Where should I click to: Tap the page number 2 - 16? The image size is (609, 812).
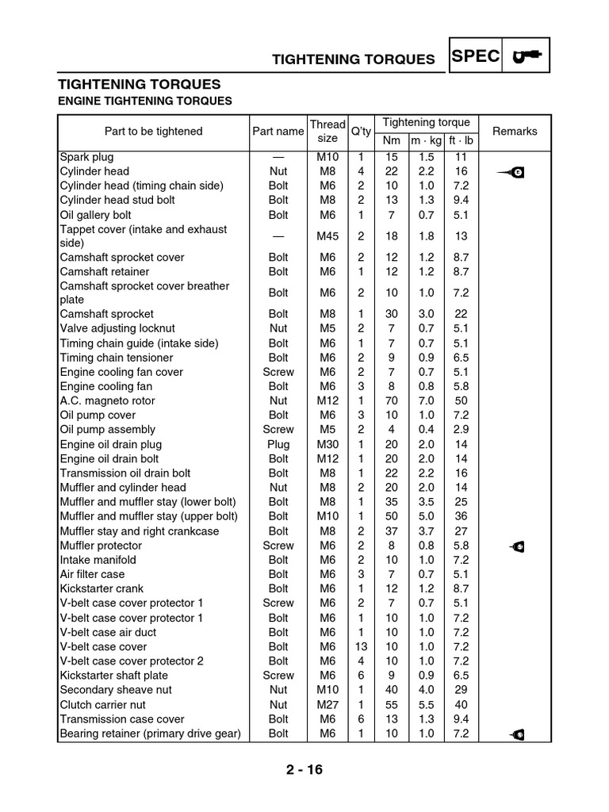coord(304,770)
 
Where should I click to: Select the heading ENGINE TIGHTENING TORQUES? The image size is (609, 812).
coord(146,101)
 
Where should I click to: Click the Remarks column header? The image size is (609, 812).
coord(515,132)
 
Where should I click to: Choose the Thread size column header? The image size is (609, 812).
coord(327,131)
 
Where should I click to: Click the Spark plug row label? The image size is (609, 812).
coord(86,157)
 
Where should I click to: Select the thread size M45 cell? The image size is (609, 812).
coord(327,236)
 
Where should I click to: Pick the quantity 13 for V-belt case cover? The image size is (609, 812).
coord(361,647)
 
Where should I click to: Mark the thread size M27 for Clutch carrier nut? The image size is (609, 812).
coord(327,705)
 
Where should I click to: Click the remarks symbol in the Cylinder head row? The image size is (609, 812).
coord(515,172)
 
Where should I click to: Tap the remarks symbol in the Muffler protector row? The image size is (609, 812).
coord(516,546)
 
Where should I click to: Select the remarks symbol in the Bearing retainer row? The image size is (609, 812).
coord(516,734)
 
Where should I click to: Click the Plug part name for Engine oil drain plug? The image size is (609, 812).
coord(278,445)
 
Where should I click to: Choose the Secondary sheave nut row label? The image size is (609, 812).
coord(116,691)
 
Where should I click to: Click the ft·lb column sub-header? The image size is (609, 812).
coord(462,141)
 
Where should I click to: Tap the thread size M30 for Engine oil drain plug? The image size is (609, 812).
coord(327,445)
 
